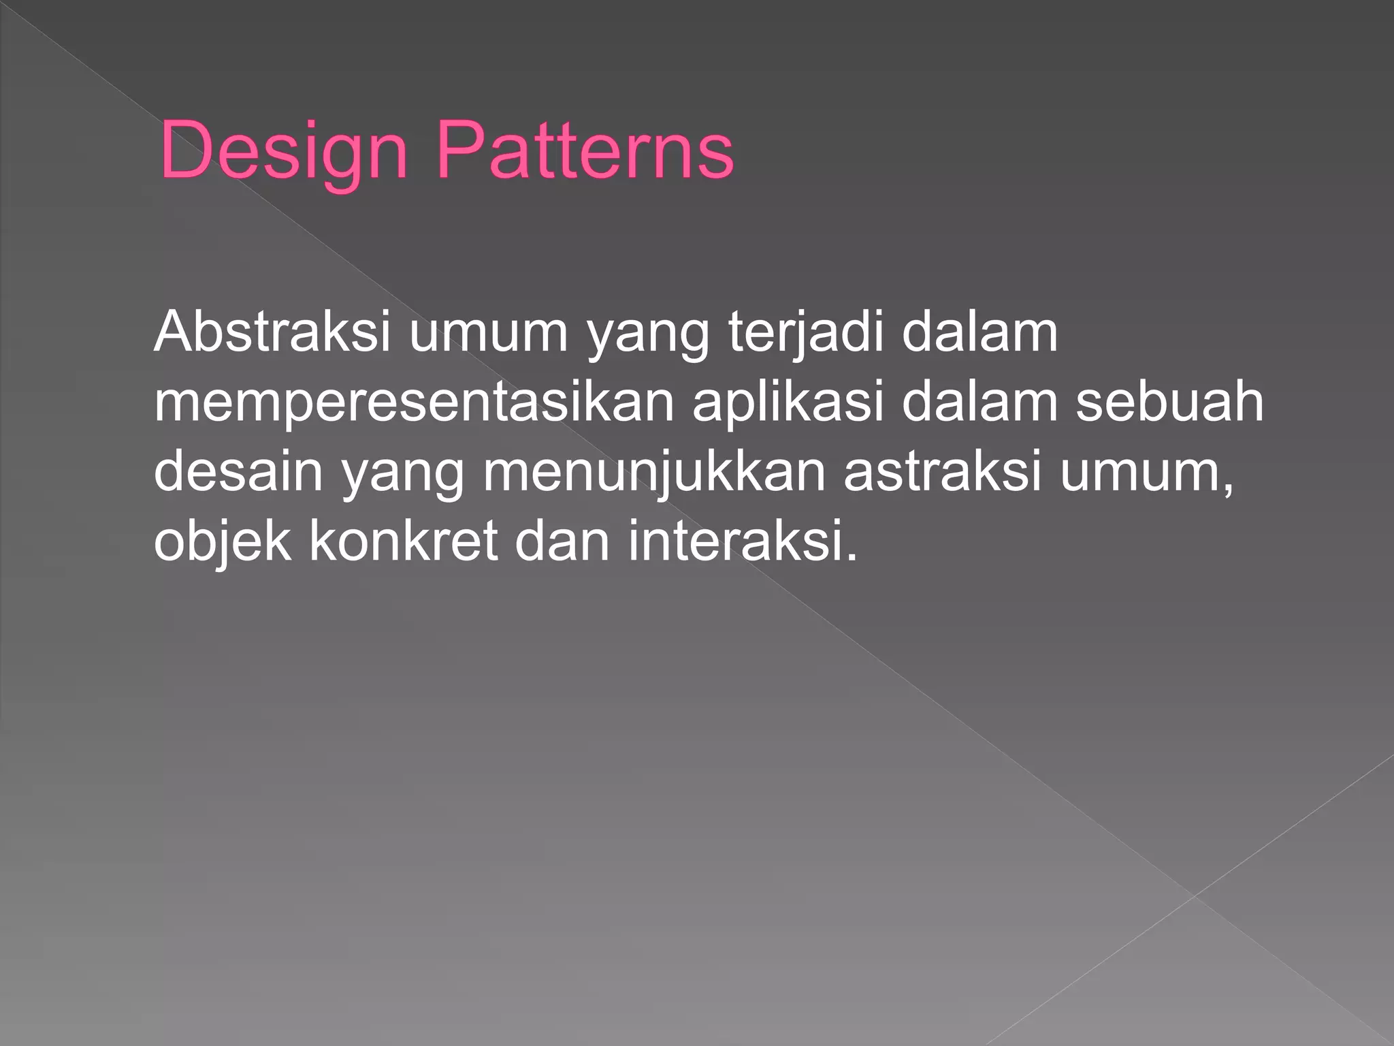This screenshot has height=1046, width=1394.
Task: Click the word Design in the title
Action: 283,151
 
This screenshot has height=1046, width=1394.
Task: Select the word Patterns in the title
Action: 585,151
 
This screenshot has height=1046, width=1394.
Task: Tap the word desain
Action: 238,472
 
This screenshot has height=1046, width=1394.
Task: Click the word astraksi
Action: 942,472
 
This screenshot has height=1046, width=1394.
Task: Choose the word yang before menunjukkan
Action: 402,472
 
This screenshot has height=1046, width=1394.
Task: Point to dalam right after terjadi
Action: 980,332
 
